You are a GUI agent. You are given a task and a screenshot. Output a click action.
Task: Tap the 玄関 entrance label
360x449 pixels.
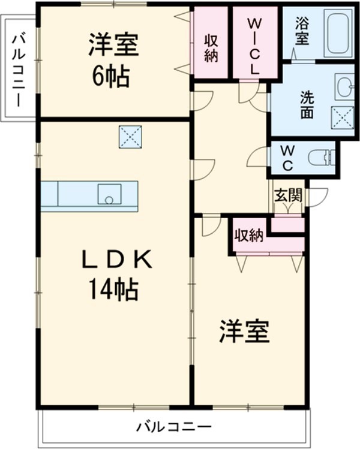289,195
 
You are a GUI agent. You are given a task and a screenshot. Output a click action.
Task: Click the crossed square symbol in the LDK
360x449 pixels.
130,137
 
